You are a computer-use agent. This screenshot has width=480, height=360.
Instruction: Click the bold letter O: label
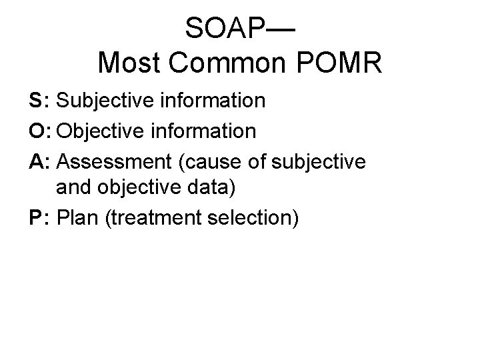(x=41, y=131)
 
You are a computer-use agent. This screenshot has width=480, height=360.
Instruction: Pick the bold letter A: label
(x=40, y=160)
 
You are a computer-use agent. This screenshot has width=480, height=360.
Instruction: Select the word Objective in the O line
(x=101, y=131)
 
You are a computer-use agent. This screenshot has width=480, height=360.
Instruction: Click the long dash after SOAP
(x=281, y=28)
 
